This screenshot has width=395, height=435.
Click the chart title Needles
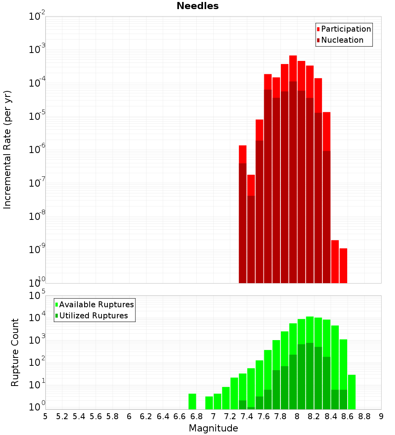[x=197, y=6]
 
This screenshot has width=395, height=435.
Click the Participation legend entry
[x=346, y=29]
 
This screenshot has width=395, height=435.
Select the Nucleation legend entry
[x=342, y=40]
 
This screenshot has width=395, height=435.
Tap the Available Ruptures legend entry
[x=96, y=304]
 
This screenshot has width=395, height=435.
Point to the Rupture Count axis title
[x=15, y=352]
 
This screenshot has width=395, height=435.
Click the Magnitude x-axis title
[x=213, y=428]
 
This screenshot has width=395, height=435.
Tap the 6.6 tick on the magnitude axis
[x=180, y=416]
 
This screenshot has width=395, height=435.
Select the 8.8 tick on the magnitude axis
[x=365, y=416]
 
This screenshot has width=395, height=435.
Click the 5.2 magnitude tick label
[x=62, y=416]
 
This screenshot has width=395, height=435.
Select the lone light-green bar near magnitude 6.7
[x=192, y=401]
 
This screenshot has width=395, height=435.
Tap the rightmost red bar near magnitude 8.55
[x=343, y=265]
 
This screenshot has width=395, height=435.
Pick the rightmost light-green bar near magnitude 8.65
[x=352, y=391]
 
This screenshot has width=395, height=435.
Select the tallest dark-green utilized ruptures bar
[x=310, y=376]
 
